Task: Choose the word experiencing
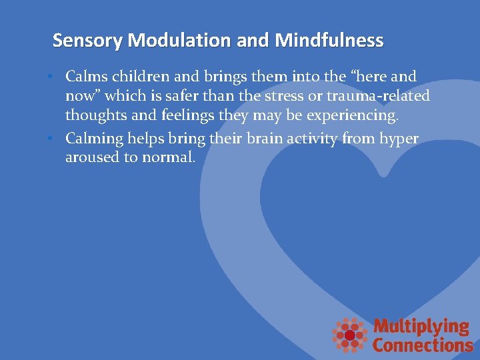pos(355,116)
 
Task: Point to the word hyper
pos(398,139)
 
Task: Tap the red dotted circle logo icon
pos(350,334)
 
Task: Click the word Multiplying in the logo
pos(421,327)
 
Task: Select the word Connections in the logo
pos(423,345)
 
